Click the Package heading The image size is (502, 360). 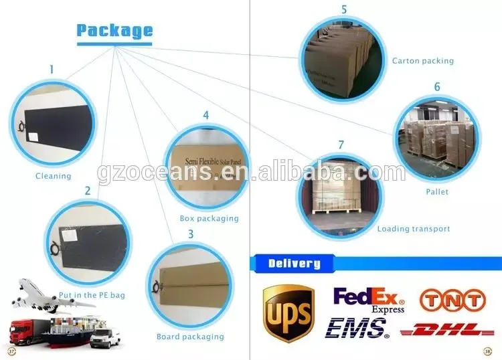pyautogui.click(x=114, y=31)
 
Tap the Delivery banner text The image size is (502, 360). pyautogui.click(x=294, y=263)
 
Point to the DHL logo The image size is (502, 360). pyautogui.click(x=447, y=329)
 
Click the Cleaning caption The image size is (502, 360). pyautogui.click(x=53, y=176)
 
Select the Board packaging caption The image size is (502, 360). pyautogui.click(x=190, y=337)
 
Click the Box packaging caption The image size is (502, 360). pyautogui.click(x=209, y=218)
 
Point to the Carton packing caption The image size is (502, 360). pyautogui.click(x=423, y=61)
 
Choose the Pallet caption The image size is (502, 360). pyautogui.click(x=438, y=192)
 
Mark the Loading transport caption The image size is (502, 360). pyautogui.click(x=414, y=229)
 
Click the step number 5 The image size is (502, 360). pyautogui.click(x=344, y=9)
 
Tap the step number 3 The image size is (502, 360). pyautogui.click(x=191, y=234)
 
